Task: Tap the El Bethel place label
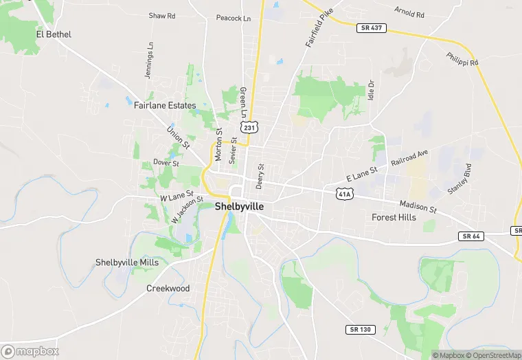pos(54,34)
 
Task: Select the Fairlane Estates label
pos(165,106)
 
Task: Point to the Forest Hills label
pos(394,217)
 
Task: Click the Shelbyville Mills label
pos(127,262)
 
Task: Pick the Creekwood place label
pos(168,289)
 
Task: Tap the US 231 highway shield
pos(249,127)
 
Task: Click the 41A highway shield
pos(344,194)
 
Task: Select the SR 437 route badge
pos(372,28)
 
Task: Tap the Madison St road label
pos(419,206)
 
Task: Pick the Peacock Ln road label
pos(233,19)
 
